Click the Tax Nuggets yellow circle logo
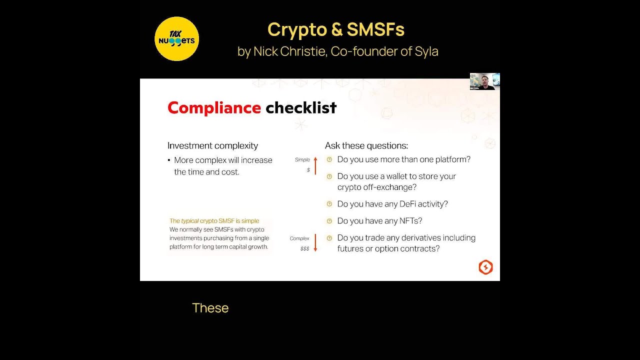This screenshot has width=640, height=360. click(176, 39)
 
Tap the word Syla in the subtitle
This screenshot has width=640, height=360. click(426, 51)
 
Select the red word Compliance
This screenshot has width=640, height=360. click(214, 107)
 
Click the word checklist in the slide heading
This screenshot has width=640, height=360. click(301, 107)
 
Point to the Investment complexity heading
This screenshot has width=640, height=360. click(212, 145)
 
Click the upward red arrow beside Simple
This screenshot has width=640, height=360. click(315, 165)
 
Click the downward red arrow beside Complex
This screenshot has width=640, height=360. click(315, 242)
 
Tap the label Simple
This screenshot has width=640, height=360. click(302, 159)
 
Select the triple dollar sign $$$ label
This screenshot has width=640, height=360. click(304, 248)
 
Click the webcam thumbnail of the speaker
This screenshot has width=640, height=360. click(484, 81)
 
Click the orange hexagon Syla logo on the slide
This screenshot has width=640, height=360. click(485, 267)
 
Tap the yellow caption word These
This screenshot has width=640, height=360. click(210, 308)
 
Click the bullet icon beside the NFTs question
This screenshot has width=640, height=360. click(329, 220)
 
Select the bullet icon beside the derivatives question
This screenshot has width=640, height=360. click(329, 237)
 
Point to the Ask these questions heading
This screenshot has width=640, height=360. click(366, 145)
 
